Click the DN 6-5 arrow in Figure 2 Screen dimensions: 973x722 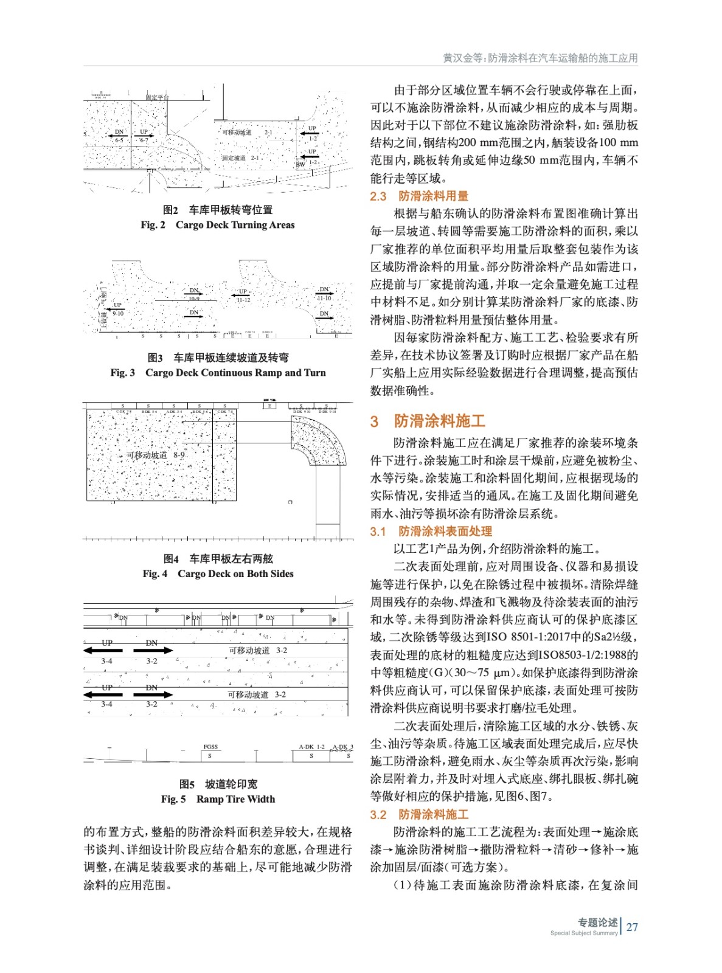[x=118, y=136]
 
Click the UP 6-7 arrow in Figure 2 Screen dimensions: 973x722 [x=144, y=136]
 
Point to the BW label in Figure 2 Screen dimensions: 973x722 [x=300, y=164]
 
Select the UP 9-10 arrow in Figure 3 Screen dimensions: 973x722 [x=116, y=309]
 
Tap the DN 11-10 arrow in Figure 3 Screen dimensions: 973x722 [x=324, y=294]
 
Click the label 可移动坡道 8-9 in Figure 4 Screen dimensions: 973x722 [x=156, y=455]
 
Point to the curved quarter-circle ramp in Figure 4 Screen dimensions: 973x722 [x=319, y=441]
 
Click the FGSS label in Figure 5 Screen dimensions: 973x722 [x=210, y=747]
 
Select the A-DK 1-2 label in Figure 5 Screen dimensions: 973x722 [x=311, y=747]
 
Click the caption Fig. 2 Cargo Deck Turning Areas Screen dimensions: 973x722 [x=218, y=225]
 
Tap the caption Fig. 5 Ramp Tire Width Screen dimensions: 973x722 [x=218, y=799]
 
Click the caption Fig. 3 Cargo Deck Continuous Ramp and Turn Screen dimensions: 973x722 [x=218, y=373]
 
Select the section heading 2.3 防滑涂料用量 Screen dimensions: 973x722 [x=419, y=196]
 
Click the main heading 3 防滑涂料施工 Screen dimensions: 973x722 [x=428, y=421]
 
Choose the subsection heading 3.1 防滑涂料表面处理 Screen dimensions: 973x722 [x=431, y=532]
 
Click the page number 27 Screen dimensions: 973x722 [x=632, y=927]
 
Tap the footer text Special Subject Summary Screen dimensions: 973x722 [x=583, y=933]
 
